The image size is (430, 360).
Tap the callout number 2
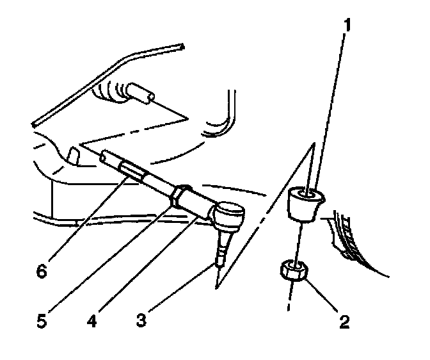click(x=345, y=321)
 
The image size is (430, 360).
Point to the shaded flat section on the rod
click(x=134, y=171)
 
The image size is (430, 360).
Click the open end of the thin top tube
click(x=182, y=46)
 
